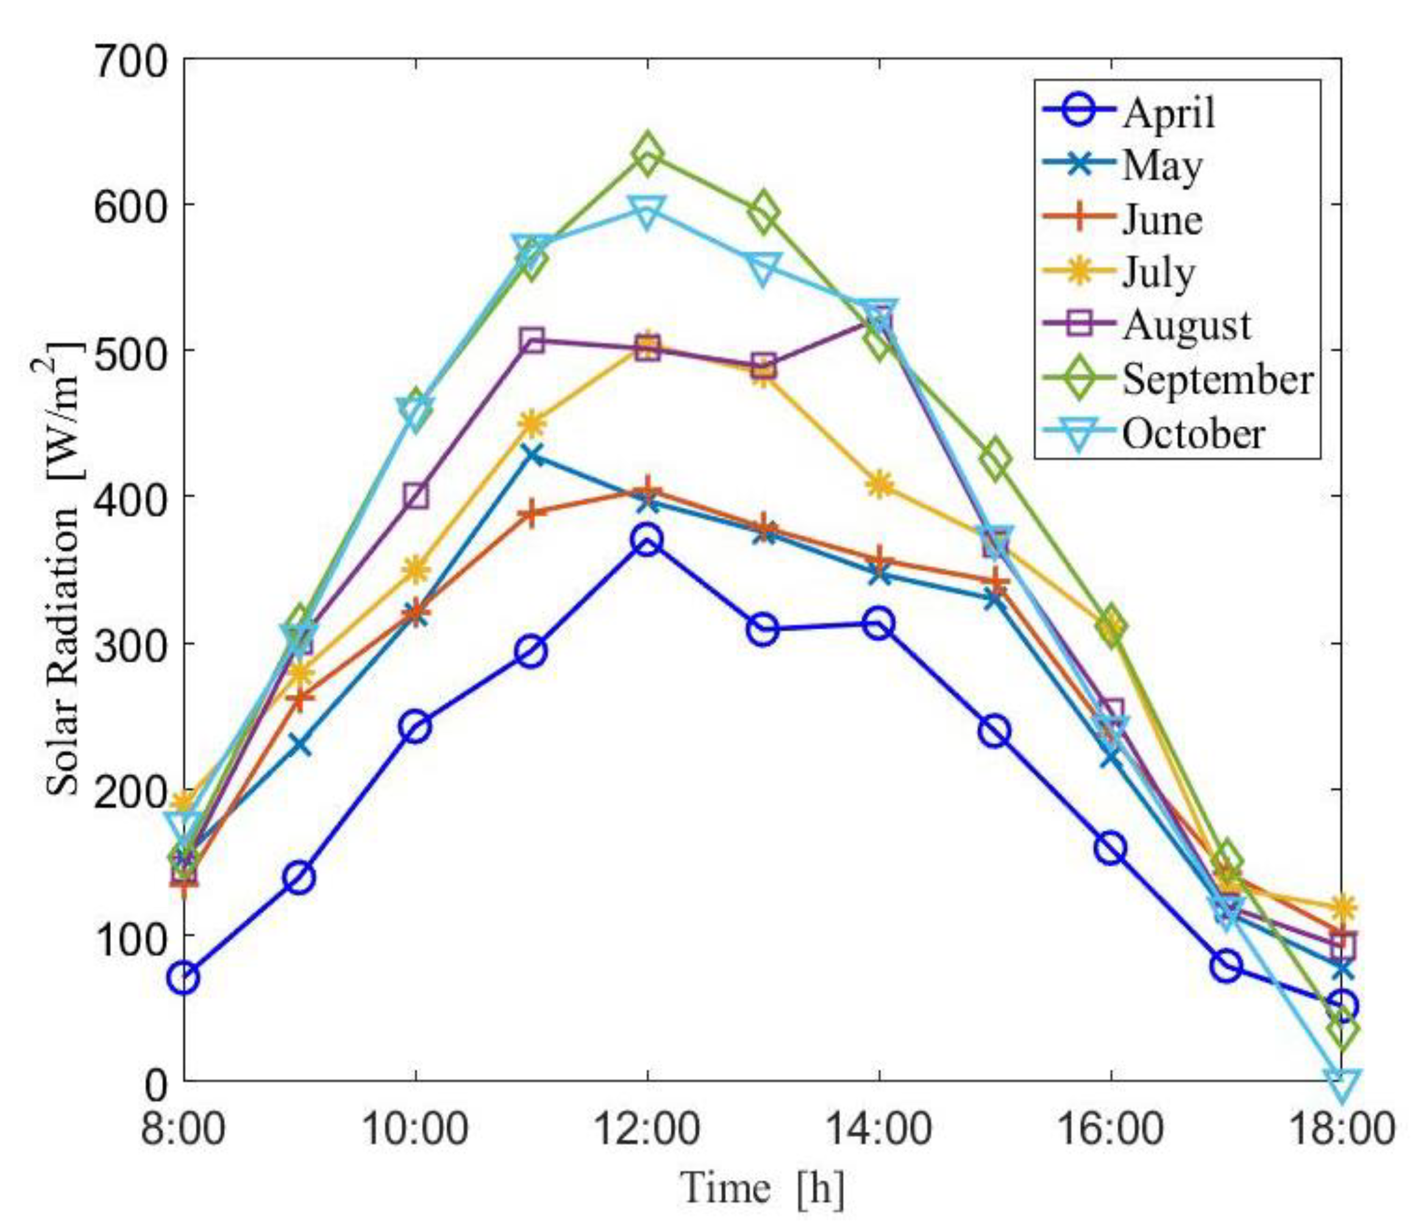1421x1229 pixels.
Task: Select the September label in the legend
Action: point(1217,379)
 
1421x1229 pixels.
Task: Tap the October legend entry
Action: point(1194,433)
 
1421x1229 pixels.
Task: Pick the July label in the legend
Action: point(1158,273)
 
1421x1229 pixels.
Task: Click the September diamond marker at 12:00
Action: point(647,155)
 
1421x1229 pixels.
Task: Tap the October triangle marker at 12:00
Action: point(647,210)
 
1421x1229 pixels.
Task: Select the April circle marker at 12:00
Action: point(647,540)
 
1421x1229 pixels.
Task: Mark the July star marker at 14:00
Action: point(879,485)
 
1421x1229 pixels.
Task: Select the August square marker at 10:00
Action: point(416,496)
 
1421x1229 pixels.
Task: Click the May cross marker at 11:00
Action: point(532,455)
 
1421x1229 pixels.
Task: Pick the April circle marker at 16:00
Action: point(1110,849)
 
